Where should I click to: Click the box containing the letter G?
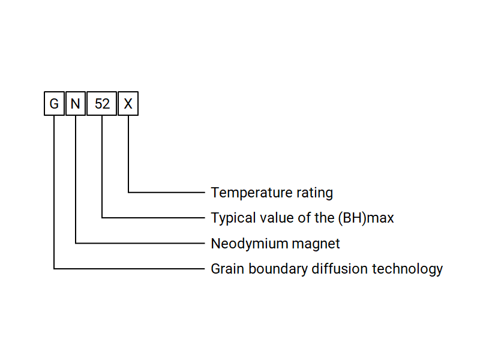tap(54, 104)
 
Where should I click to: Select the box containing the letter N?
tap(76, 104)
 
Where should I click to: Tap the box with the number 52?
tap(102, 104)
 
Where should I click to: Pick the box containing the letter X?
tap(128, 104)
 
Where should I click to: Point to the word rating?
tap(315, 193)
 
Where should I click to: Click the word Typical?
tap(232, 218)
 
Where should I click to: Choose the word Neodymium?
tap(242, 244)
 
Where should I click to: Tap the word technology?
tap(408, 269)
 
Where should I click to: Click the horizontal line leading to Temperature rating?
tap(167, 193)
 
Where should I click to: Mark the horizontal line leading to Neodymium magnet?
tap(140, 243)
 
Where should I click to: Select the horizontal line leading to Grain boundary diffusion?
tap(129, 269)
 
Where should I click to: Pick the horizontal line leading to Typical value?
tap(154, 218)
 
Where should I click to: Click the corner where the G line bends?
tap(54, 269)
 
